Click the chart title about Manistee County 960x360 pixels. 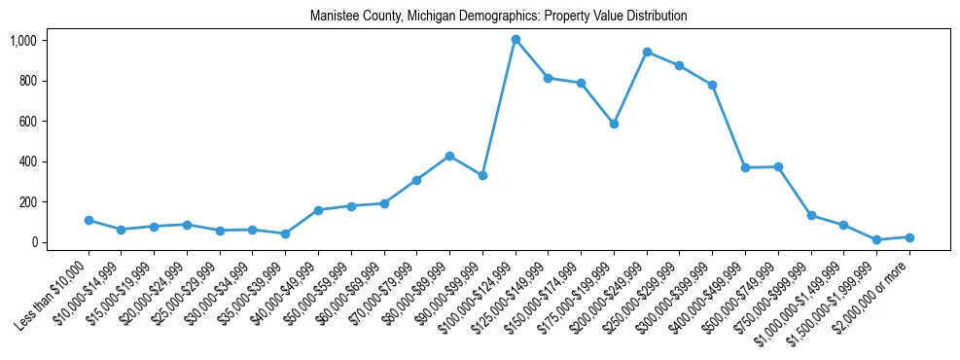click(x=498, y=17)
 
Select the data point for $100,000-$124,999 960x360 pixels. click(x=516, y=40)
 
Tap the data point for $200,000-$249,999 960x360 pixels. click(x=647, y=52)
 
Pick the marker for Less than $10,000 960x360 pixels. click(x=89, y=220)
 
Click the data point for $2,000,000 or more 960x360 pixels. click(x=909, y=237)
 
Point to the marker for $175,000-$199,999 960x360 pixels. click(x=614, y=124)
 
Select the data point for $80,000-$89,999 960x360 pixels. click(x=449, y=156)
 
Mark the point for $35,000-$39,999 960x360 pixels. click(x=285, y=234)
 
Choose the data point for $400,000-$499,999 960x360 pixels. click(x=745, y=167)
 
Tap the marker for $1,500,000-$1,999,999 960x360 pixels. click(x=876, y=239)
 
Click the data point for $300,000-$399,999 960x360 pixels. click(x=712, y=85)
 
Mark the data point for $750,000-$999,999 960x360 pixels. click(x=811, y=215)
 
